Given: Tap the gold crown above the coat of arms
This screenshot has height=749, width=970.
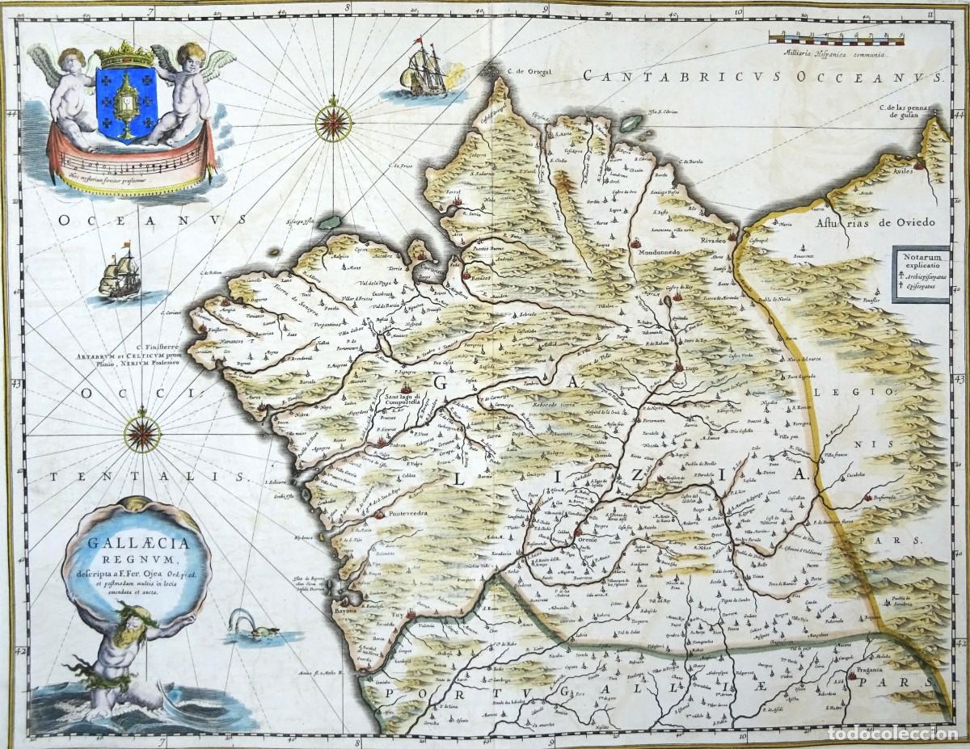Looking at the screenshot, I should coord(124,56).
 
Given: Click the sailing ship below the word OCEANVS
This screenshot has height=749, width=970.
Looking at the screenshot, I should coord(120,273).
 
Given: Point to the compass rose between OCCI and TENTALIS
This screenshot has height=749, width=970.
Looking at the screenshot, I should coord(142,435).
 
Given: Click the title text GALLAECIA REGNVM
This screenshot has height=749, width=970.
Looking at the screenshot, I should coord(135,548).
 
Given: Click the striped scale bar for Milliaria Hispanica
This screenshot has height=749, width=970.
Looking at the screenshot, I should coord(836,37).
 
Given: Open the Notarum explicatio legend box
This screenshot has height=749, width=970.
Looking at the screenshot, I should coord(920,274).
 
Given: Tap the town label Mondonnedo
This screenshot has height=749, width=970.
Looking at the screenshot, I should coord(665,252).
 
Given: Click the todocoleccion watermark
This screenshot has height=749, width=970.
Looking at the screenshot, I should coord(894,731).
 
